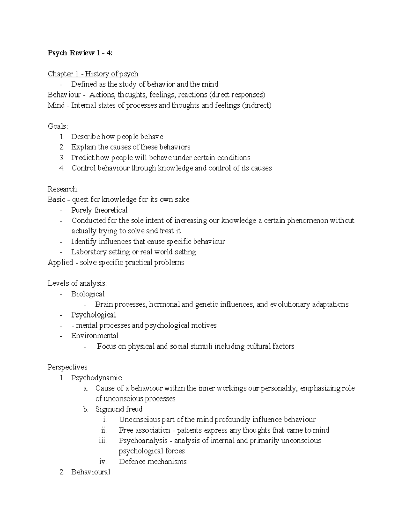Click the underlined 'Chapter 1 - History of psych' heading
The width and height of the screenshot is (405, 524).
(x=93, y=74)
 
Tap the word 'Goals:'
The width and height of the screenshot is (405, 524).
(x=58, y=126)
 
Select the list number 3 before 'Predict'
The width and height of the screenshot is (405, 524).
(x=62, y=158)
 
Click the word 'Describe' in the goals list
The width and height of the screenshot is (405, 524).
(x=85, y=137)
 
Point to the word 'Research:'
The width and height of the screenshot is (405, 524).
(x=63, y=189)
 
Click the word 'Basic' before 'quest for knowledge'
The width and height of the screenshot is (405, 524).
(x=56, y=199)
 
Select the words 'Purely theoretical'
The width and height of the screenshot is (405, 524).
(x=99, y=210)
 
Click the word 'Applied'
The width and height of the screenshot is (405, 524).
(x=60, y=262)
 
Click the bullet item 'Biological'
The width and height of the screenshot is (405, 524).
(x=88, y=294)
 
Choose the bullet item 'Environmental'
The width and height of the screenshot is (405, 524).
(x=94, y=336)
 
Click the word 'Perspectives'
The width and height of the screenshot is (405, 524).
(x=67, y=367)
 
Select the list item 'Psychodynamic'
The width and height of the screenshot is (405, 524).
(x=96, y=378)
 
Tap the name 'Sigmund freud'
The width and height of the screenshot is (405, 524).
(x=119, y=409)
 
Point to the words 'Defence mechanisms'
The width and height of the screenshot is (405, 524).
(x=153, y=461)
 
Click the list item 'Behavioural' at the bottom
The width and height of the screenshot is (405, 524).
(x=90, y=472)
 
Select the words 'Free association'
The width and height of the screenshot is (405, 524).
(x=144, y=430)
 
